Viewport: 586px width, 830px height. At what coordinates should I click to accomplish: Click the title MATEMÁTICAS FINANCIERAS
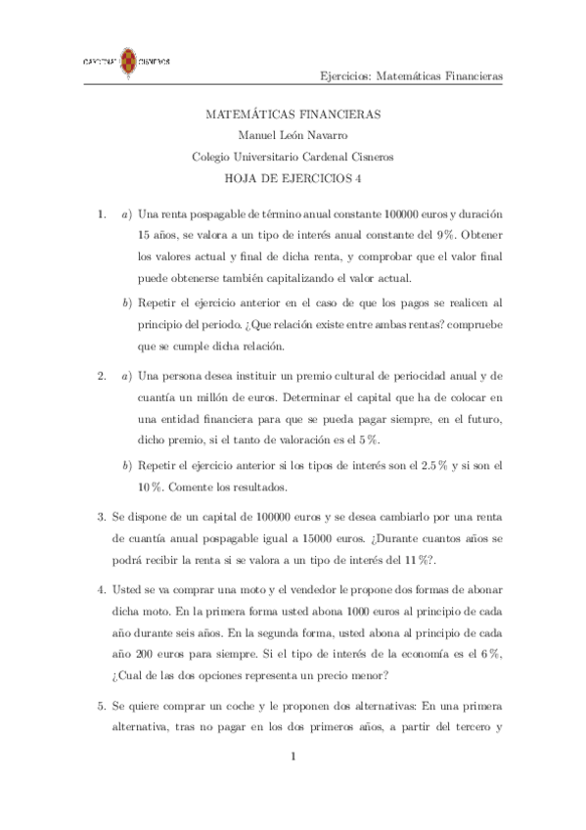(x=293, y=115)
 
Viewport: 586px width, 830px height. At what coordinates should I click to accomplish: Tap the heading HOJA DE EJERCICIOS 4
(x=293, y=178)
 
